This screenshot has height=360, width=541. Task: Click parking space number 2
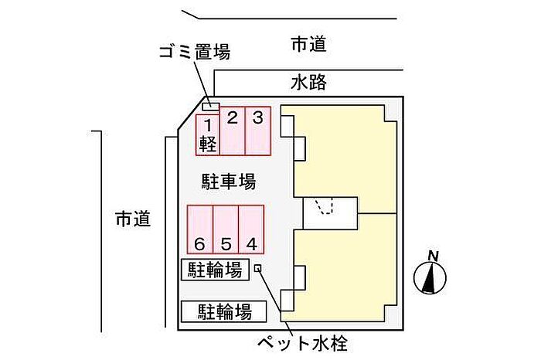[x=233, y=131]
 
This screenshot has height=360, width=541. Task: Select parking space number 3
[x=257, y=131]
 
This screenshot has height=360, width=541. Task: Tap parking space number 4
[x=251, y=229]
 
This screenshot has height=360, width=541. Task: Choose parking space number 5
[x=226, y=229]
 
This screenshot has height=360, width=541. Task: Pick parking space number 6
[x=200, y=229]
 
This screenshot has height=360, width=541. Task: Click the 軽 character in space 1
[x=208, y=144]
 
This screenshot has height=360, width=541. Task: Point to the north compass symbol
[x=430, y=277]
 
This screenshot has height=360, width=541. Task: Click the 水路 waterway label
[x=309, y=83]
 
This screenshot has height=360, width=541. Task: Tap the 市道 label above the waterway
[x=309, y=44]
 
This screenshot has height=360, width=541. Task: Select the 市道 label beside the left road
[x=133, y=219]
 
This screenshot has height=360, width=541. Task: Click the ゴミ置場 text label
[x=195, y=52]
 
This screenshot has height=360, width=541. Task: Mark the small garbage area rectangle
[x=211, y=107]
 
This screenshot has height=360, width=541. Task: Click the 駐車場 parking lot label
[x=229, y=182]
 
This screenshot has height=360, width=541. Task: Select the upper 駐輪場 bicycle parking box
[x=215, y=270]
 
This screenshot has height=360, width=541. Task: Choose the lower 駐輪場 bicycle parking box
[x=224, y=312]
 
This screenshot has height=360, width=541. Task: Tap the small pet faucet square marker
[x=257, y=268]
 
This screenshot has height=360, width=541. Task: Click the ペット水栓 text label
[x=303, y=343]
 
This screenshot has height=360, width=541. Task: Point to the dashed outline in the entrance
[x=324, y=205]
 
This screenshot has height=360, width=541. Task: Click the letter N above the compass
[x=433, y=256]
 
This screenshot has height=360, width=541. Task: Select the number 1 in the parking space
[x=208, y=125]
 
